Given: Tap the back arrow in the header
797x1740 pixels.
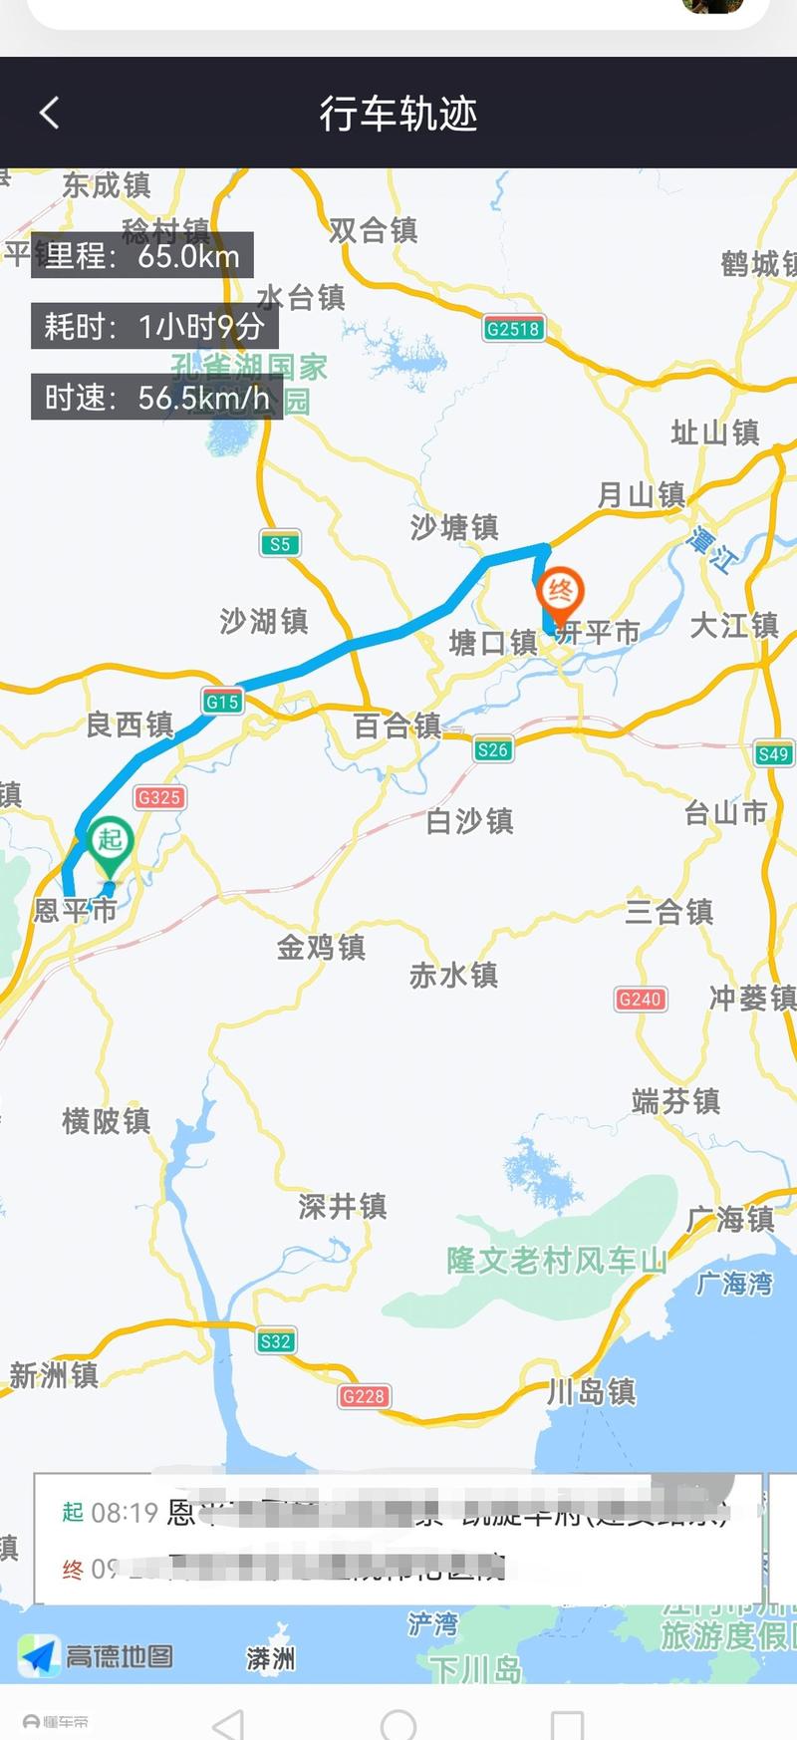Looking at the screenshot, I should coord(49,113).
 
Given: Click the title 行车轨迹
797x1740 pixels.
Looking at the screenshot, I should coord(398,114).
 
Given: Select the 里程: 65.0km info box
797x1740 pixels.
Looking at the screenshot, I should coord(141,256).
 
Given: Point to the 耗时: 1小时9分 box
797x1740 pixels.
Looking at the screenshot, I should coord(153,326).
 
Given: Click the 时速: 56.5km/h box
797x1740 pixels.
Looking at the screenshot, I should coord(156,398).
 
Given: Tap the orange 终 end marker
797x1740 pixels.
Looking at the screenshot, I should coord(560,592).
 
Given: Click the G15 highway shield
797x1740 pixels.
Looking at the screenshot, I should coord(222,702).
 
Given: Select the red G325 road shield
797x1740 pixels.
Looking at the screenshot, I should coord(159,797).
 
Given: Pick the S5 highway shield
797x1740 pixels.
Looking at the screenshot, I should coord(280,544).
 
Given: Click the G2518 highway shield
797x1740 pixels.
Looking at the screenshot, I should coord(513,329).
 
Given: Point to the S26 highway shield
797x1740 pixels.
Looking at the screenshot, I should coord(493,750).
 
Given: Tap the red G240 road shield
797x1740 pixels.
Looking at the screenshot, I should coord(640,999).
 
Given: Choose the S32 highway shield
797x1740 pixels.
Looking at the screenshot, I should coord(275,1341).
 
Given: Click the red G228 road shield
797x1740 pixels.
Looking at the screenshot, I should coord(364,1396).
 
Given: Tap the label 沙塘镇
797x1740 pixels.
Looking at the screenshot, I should coord(454,526).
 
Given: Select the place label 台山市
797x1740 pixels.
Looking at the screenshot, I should coord(725,813).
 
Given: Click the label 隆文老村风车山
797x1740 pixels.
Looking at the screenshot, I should coord(556,1261).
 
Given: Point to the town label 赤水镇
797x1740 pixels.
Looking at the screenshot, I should coord(453,975).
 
